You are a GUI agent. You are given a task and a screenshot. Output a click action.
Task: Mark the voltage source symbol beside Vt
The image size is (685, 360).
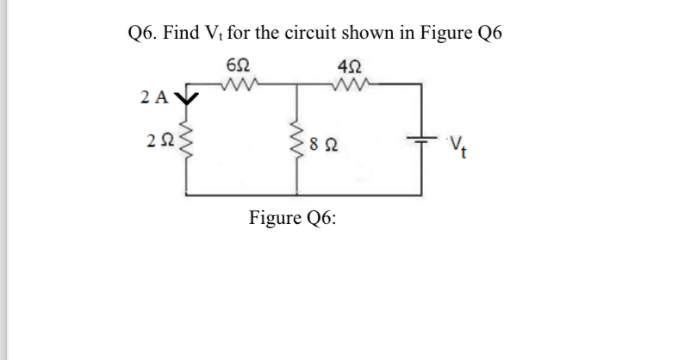tap(420, 140)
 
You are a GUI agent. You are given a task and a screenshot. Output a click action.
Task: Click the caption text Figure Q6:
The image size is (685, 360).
tap(293, 217)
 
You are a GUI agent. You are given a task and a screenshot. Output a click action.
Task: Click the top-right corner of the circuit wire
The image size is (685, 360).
tap(420, 84)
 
